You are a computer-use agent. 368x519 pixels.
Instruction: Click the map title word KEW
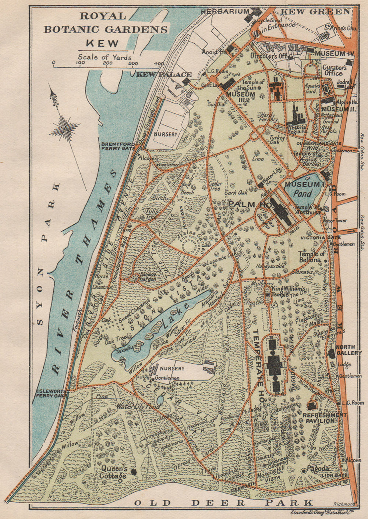(102, 43)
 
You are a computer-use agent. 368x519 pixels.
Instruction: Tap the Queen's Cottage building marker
(133, 471)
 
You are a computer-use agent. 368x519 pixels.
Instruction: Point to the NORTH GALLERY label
(349, 350)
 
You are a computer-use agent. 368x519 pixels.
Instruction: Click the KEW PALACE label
(164, 75)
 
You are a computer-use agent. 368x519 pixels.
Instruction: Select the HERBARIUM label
(225, 12)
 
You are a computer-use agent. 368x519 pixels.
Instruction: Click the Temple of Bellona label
(312, 256)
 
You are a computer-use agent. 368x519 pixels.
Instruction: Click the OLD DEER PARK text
(223, 502)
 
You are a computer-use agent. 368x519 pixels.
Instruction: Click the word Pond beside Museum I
(302, 193)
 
